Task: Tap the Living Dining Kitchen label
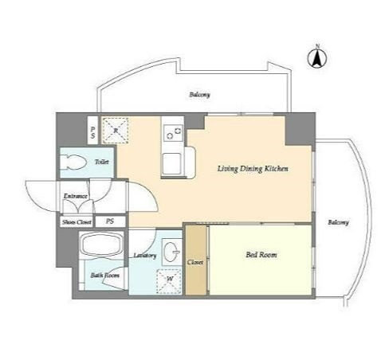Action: [x=253, y=169]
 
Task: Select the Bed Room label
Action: [x=261, y=255]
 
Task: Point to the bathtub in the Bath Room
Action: [x=102, y=245]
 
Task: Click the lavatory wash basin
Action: [x=171, y=252]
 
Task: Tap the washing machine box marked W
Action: [x=169, y=281]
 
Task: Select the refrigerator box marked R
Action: [x=116, y=131]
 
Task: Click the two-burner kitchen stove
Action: [x=173, y=133]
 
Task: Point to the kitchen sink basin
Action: [x=173, y=164]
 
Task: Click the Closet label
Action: [x=195, y=262]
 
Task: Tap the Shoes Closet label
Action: [x=77, y=222]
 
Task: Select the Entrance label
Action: [x=76, y=196]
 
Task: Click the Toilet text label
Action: [x=102, y=162]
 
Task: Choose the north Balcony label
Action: [x=199, y=95]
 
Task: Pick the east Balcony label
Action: [x=338, y=222]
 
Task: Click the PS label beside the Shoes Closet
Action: [x=110, y=221]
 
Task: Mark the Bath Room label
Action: [x=104, y=276]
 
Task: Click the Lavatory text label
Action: [x=145, y=256]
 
